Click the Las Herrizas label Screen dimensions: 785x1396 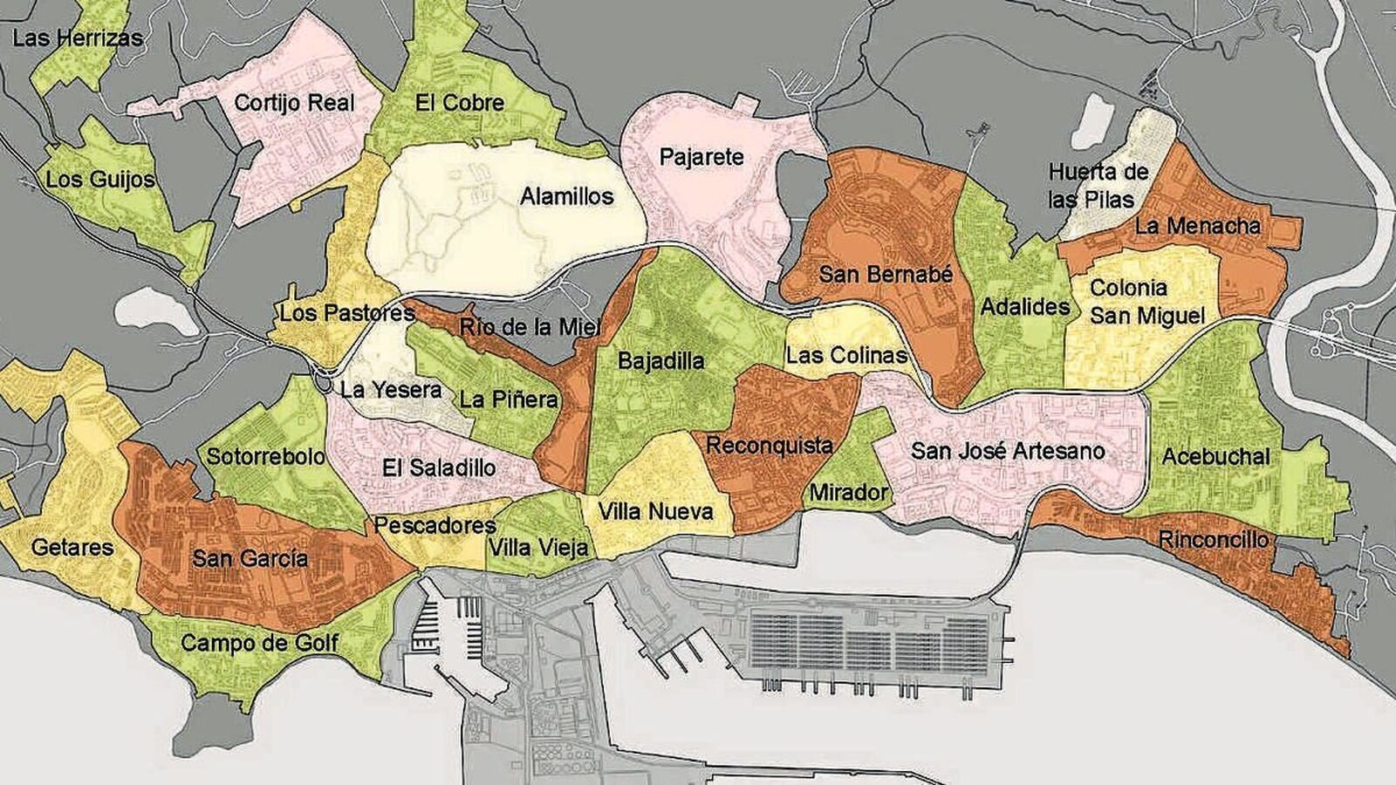[78, 38]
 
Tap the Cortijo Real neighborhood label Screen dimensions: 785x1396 [294, 102]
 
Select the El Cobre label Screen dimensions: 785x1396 [460, 103]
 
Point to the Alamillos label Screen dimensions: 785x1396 [567, 196]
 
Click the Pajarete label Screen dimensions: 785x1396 [701, 157]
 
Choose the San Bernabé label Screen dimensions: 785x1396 [886, 275]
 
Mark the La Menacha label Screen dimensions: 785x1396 [1197, 226]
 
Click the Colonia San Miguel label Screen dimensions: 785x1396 [1146, 302]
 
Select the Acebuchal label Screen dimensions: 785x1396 [1215, 456]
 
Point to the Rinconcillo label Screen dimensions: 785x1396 [1213, 540]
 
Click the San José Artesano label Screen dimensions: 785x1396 [1008, 451]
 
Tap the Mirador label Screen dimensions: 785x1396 [848, 493]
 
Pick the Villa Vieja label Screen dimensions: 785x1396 [539, 548]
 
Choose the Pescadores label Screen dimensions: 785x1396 [435, 526]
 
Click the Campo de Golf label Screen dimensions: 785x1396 [259, 644]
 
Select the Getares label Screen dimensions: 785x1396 [72, 548]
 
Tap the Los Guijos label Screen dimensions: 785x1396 [99, 180]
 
